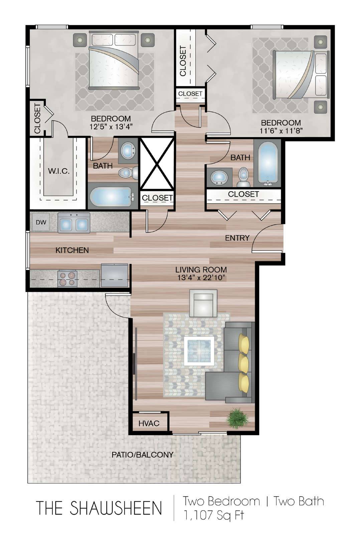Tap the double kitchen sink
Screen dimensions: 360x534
pyautogui.click(x=74, y=223)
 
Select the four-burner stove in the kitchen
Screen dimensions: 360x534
pyautogui.click(x=67, y=279)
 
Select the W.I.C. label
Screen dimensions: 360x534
pyautogui.click(x=59, y=171)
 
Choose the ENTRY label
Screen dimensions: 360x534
pyautogui.click(x=237, y=238)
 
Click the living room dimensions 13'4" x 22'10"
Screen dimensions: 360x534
pyautogui.click(x=201, y=277)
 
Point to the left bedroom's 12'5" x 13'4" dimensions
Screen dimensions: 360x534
pyautogui.click(x=111, y=126)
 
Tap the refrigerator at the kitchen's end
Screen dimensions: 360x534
pyautogui.click(x=115, y=275)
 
